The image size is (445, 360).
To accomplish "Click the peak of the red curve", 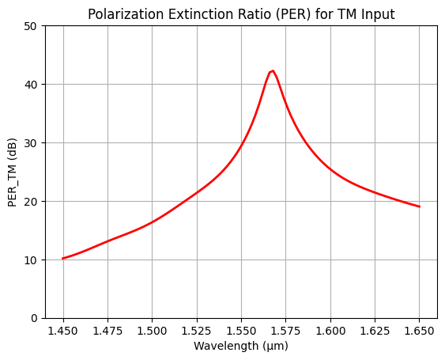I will tap(273, 70).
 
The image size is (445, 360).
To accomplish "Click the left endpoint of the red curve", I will tap(63, 259).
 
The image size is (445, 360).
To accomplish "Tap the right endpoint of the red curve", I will tap(419, 207).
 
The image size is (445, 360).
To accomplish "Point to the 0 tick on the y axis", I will tap(34, 318).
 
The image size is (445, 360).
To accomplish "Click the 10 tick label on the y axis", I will tap(32, 260).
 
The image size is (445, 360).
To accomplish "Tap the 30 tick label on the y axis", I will tap(32, 142).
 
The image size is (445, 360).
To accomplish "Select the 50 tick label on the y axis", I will tap(32, 25).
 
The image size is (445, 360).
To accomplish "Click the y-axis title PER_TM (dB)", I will tap(12, 172).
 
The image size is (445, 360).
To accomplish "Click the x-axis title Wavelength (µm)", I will tap(241, 347).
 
